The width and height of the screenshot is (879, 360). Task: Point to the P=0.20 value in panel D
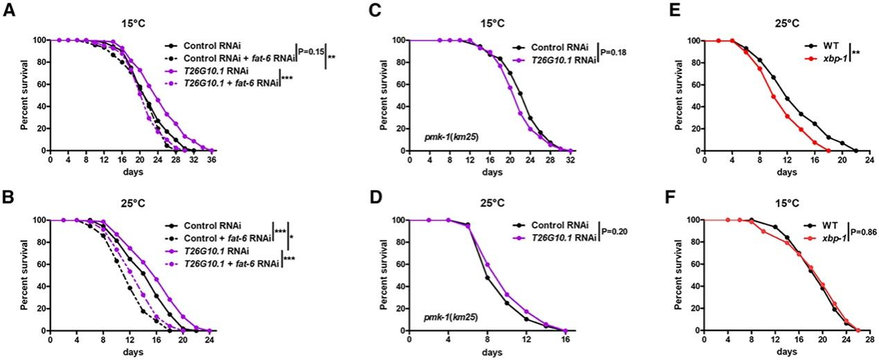point(614,232)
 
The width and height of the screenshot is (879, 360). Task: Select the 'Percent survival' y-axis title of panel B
point(24,275)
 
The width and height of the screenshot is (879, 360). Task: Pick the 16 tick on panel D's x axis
point(567,341)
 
